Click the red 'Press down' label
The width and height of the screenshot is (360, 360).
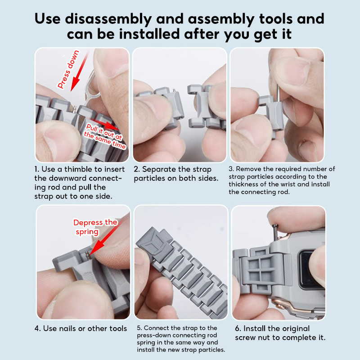click(x=68, y=69)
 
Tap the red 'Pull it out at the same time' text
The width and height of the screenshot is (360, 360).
click(x=105, y=136)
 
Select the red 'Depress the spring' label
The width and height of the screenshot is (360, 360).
click(x=95, y=227)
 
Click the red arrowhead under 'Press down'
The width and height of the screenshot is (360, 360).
click(x=75, y=85)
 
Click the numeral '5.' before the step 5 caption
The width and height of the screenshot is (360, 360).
click(x=139, y=328)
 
